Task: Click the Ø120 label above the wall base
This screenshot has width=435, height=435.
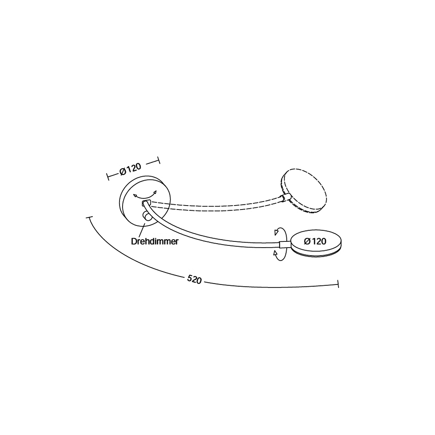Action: tap(130, 169)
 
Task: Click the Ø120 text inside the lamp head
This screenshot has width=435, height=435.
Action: tap(315, 241)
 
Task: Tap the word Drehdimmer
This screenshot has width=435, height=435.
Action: tap(155, 241)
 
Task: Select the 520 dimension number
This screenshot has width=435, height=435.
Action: tap(194, 280)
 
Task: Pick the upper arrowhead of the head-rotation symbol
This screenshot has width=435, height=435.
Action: tap(276, 232)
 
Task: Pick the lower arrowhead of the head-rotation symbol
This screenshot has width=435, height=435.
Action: tap(275, 253)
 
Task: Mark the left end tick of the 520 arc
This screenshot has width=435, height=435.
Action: tap(90, 217)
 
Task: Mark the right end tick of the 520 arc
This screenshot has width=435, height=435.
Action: tap(338, 284)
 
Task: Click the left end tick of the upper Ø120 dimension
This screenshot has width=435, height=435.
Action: tap(108, 177)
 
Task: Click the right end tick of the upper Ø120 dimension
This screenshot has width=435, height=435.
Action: tap(159, 160)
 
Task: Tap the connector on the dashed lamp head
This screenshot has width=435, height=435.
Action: tap(285, 198)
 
